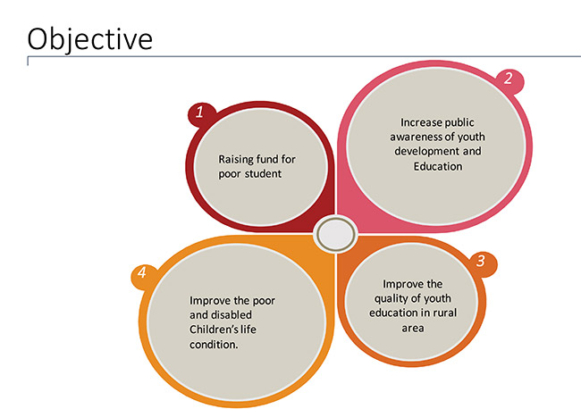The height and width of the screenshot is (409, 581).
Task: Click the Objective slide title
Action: coord(90,39)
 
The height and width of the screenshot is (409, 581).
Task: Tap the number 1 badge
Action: coord(200,113)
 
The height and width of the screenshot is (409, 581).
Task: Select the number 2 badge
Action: coord(509,79)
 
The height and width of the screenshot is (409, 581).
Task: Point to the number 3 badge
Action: coord(481,261)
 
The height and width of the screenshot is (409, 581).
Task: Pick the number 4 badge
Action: coord(142,272)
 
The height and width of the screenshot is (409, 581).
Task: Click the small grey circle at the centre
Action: coord(336,234)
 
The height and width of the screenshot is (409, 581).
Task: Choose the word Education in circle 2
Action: coord(438,166)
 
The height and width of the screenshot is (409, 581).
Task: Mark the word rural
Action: coord(444,313)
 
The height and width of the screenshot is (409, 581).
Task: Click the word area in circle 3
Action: coord(413,329)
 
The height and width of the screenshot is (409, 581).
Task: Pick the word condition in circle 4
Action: coord(214,345)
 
